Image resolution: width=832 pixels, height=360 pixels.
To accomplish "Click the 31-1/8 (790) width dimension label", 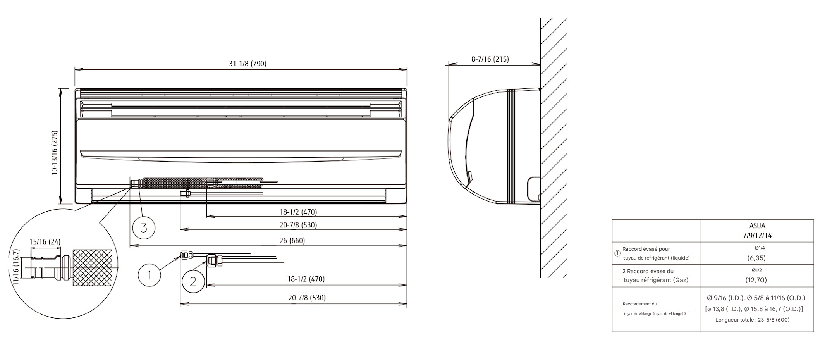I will [x=248, y=64].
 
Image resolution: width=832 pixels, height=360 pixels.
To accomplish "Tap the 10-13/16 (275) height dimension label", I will [x=55, y=153].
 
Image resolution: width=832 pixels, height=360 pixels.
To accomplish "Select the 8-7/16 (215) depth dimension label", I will [x=490, y=59].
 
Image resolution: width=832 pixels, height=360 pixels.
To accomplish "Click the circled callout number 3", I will [x=144, y=228].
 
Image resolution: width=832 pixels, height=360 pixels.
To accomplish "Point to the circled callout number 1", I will [x=149, y=275].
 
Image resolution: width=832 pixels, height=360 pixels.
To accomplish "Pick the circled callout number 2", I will [x=193, y=282].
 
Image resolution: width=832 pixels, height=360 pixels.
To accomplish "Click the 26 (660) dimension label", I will [x=292, y=241].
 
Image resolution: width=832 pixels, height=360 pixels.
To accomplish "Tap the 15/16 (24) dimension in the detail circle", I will [x=45, y=242].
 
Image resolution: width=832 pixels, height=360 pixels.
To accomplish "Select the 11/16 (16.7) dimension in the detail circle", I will [x=16, y=267].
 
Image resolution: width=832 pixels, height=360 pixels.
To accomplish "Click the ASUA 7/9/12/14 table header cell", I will [x=757, y=231].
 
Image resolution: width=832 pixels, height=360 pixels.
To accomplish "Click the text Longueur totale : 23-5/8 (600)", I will [x=752, y=320].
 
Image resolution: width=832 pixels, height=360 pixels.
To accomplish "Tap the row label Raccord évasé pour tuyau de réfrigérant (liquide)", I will [x=656, y=253].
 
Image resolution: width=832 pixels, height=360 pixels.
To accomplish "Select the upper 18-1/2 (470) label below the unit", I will [x=298, y=212].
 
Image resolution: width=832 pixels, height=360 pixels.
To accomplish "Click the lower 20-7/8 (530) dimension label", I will [x=307, y=298].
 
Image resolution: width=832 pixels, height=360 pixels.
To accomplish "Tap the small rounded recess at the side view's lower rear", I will [x=533, y=189].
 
